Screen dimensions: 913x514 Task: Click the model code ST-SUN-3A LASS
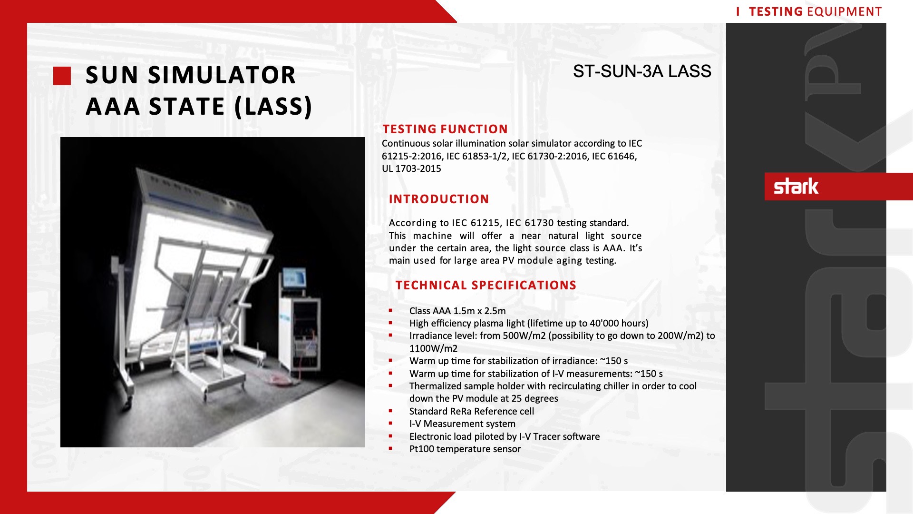click(x=642, y=71)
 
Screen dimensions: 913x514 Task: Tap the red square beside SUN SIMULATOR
click(x=62, y=76)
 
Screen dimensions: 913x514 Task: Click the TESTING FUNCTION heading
click(x=445, y=129)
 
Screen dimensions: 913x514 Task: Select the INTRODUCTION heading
click(x=439, y=199)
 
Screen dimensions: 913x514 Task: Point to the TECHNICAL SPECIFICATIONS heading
click(x=486, y=285)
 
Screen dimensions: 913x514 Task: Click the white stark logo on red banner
click(x=796, y=186)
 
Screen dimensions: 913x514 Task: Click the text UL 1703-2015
click(x=411, y=168)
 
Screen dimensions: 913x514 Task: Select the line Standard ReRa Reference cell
click(x=471, y=411)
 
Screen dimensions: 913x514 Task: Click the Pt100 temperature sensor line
click(x=465, y=449)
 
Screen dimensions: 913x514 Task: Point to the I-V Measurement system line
click(x=462, y=424)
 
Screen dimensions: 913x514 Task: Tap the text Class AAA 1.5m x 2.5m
click(x=457, y=311)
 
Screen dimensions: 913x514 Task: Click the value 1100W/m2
click(x=433, y=348)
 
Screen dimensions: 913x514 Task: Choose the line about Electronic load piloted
click(x=505, y=436)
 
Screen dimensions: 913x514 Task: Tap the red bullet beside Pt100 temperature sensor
click(x=390, y=449)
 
